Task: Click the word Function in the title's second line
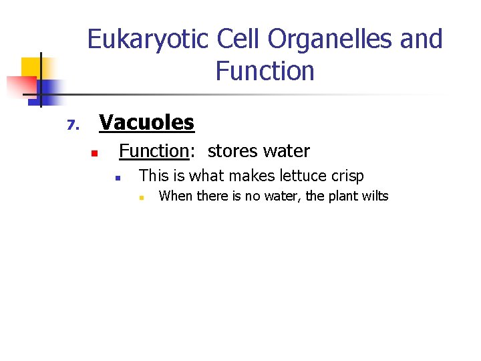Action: point(265,71)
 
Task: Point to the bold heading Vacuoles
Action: point(146,122)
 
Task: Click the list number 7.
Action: point(73,125)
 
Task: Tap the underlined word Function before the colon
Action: point(154,152)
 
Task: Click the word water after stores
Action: point(288,152)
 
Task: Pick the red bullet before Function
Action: point(95,154)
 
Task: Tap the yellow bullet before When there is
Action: point(141,198)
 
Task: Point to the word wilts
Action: point(374,196)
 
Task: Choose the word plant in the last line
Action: point(339,196)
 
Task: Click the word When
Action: point(175,196)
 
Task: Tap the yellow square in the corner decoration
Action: point(31,67)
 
